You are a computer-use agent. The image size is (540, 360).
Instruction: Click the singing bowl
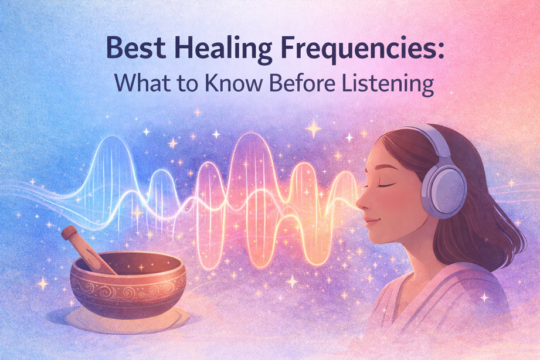128,284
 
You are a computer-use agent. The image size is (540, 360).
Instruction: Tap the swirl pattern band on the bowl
128,290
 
